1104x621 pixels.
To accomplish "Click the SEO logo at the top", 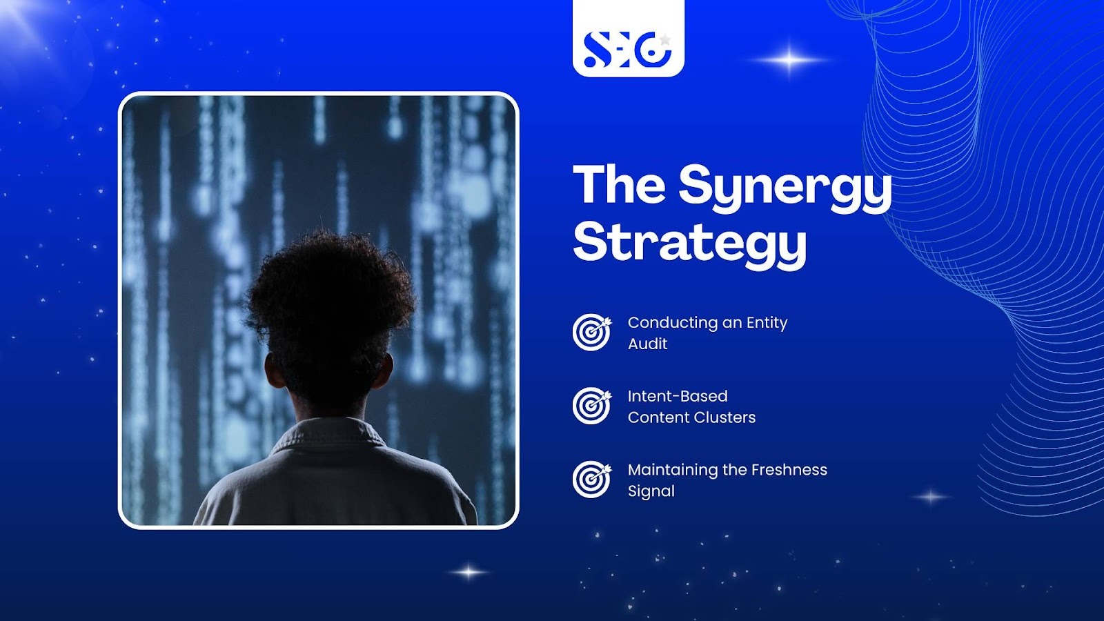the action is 627,50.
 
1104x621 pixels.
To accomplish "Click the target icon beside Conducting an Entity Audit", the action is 592,332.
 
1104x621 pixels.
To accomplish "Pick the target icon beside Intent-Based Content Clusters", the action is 592,406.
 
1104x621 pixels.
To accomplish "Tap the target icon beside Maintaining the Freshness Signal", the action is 592,480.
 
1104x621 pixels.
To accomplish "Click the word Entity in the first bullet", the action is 767,324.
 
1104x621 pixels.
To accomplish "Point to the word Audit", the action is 648,344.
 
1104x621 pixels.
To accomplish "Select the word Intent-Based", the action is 678,396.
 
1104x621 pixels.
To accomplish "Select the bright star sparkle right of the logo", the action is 789,60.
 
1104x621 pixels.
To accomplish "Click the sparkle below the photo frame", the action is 469,572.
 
